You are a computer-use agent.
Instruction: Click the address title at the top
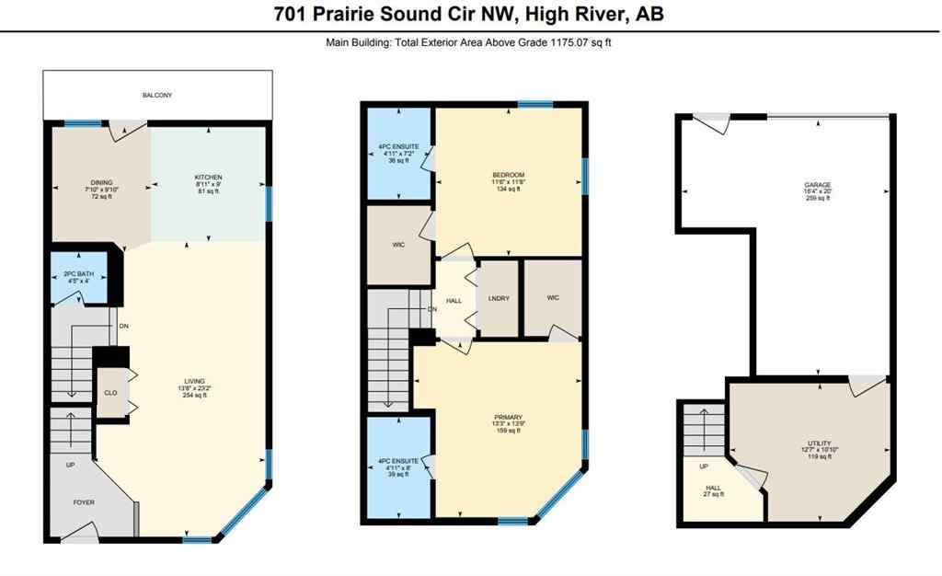click(x=470, y=14)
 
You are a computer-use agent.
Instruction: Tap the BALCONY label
click(x=156, y=95)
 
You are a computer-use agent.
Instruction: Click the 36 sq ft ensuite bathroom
click(x=398, y=153)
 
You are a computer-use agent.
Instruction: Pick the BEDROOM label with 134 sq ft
click(x=508, y=181)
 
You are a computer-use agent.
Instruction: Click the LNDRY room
click(x=499, y=298)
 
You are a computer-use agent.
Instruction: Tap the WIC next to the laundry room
click(x=552, y=298)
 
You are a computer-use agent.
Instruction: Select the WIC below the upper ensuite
click(x=398, y=246)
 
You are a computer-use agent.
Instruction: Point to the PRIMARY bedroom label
click(x=508, y=422)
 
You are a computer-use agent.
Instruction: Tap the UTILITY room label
click(x=818, y=449)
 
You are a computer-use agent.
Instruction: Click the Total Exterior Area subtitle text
click(x=470, y=42)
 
